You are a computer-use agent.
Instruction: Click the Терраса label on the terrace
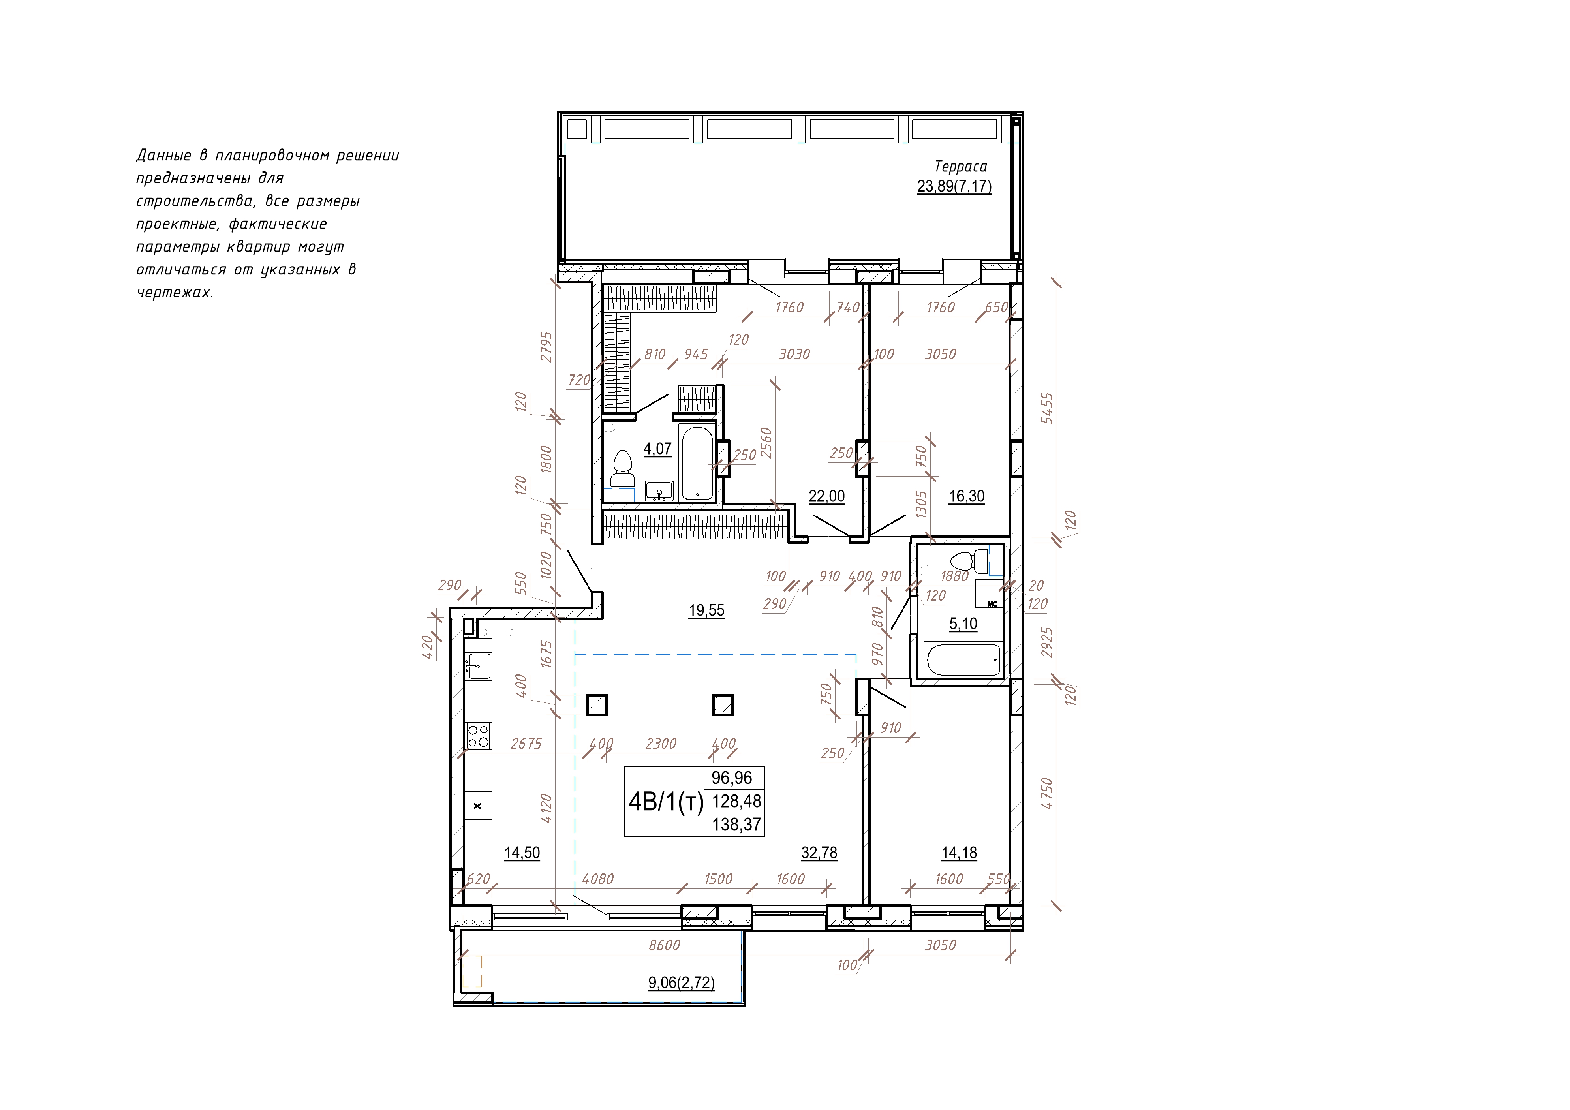tap(961, 166)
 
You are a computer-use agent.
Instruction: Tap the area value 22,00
tap(827, 496)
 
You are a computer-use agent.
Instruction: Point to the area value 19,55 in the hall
tap(706, 610)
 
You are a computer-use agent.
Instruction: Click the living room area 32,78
tap(819, 853)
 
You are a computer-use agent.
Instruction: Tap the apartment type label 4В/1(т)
tap(665, 802)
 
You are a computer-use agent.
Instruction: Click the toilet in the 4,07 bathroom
tap(623, 468)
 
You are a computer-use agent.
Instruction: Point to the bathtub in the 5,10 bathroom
tap(962, 660)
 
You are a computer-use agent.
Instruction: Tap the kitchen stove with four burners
tap(478, 736)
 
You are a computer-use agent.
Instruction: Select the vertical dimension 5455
tap(1047, 408)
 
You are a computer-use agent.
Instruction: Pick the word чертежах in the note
tap(175, 293)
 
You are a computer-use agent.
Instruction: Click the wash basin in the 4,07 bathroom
tap(659, 491)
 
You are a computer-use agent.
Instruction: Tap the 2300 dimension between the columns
tap(661, 744)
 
